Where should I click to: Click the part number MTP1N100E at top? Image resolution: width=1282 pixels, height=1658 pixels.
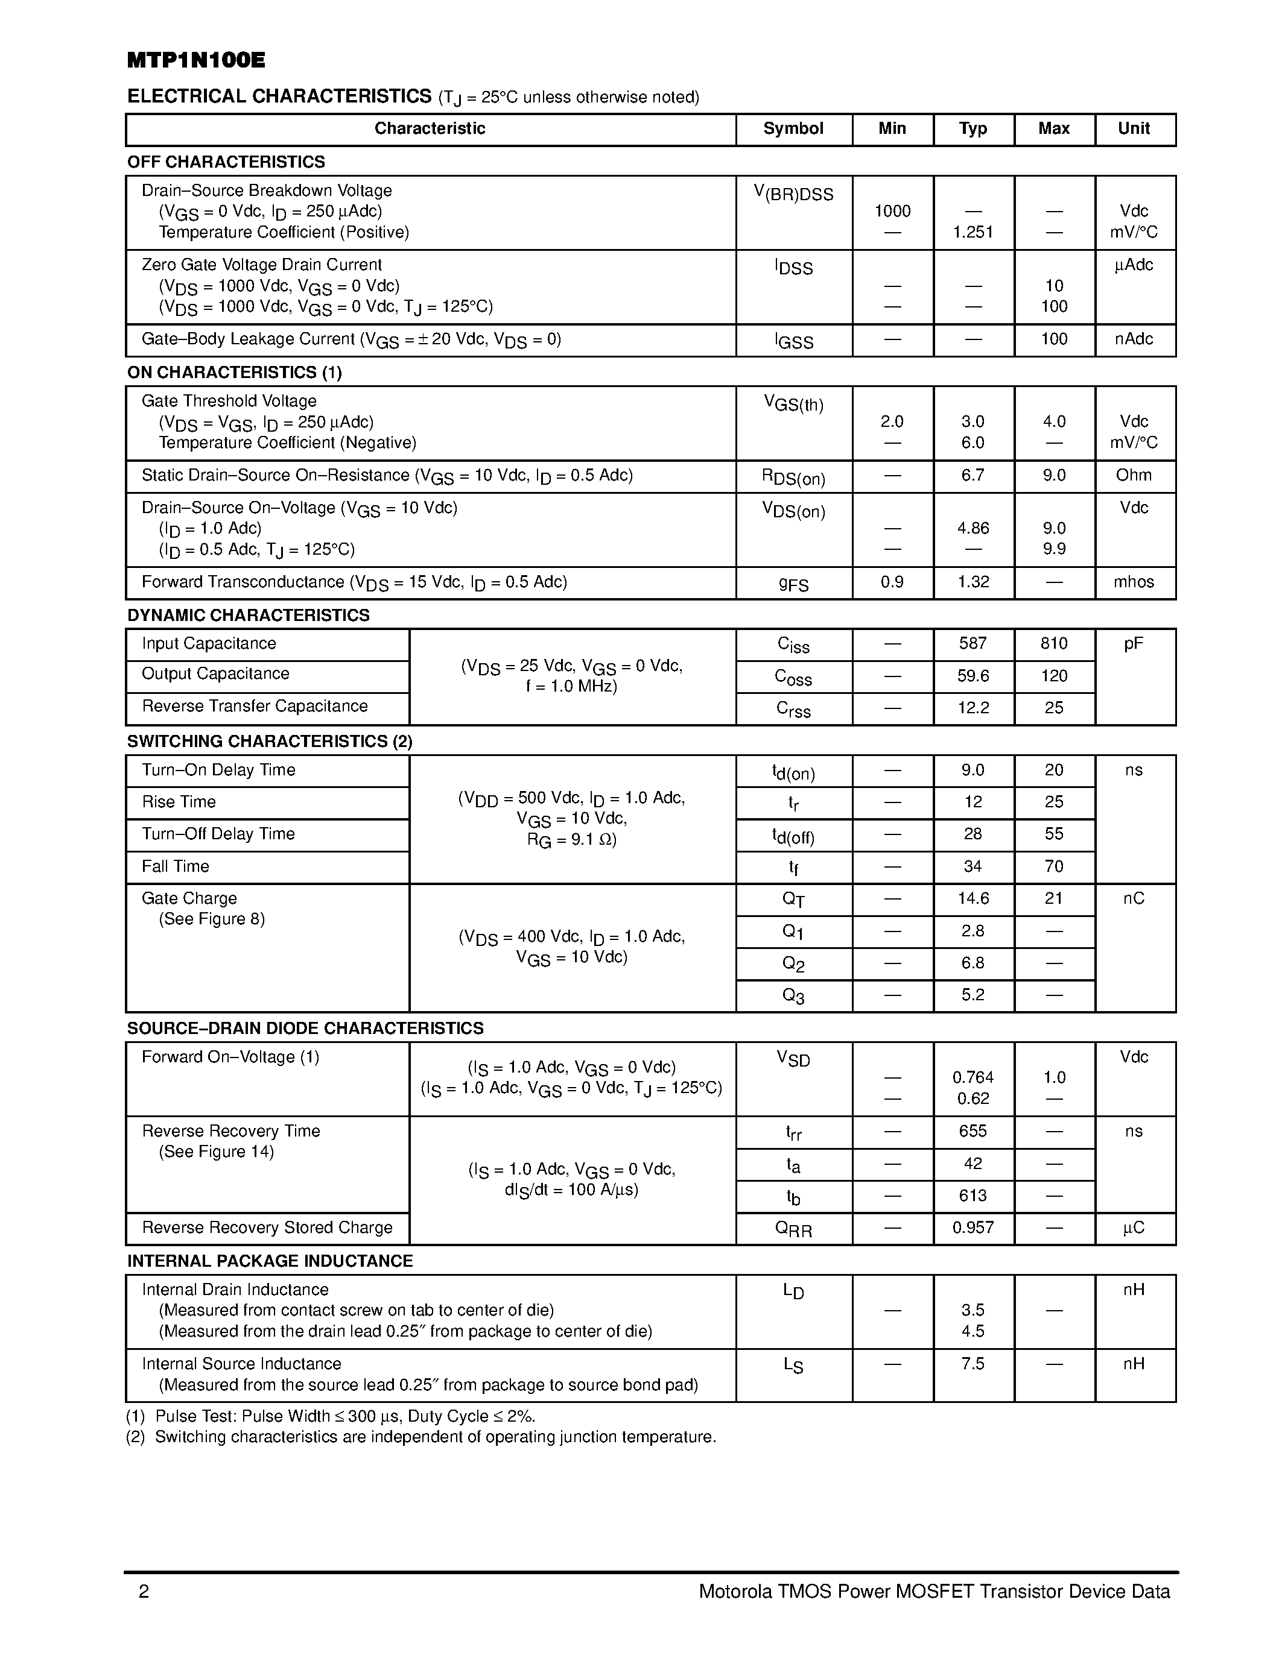click(196, 61)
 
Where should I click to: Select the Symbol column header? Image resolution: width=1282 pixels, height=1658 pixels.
click(793, 128)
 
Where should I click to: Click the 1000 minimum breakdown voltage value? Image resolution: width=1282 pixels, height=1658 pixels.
click(892, 211)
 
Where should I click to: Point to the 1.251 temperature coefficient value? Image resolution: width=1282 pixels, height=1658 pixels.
click(973, 232)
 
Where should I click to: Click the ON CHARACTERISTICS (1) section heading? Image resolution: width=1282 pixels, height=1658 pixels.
click(234, 372)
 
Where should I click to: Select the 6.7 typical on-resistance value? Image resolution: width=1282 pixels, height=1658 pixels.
click(973, 475)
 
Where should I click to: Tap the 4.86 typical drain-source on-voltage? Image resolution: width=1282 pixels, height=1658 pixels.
click(973, 528)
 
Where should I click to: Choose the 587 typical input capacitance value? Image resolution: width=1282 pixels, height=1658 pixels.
click(973, 644)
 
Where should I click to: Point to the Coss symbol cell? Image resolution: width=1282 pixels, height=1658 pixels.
click(793, 676)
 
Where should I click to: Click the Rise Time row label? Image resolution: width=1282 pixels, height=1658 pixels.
click(179, 802)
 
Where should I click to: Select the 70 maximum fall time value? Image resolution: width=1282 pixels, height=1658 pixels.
click(1053, 866)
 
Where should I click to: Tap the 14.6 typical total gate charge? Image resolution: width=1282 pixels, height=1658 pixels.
click(973, 899)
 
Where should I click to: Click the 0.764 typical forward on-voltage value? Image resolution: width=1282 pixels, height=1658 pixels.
click(973, 1077)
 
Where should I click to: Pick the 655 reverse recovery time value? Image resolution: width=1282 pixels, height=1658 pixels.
click(973, 1131)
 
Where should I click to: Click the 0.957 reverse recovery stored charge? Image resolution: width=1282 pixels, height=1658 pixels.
click(973, 1228)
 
